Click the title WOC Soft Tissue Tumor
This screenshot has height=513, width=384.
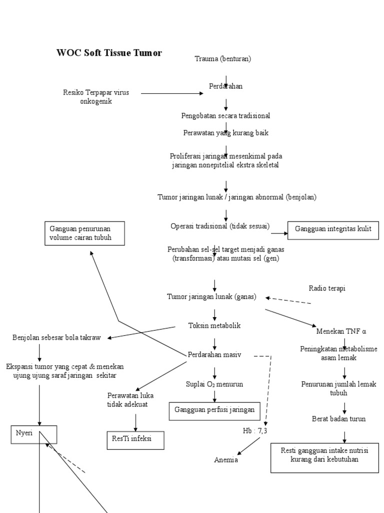pos(109,53)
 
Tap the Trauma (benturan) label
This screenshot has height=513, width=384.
pos(222,59)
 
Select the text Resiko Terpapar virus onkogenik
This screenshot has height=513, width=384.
pos(96,97)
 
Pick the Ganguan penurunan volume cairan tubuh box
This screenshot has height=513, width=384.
pos(84,233)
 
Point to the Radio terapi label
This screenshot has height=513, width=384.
pos(327,288)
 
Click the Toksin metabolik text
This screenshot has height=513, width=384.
pos(214,325)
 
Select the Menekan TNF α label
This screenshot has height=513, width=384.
pos(341,331)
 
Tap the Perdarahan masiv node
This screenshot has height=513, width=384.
pos(214,355)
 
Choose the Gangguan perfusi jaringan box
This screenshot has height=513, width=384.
pos(214,410)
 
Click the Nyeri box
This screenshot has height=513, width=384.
pos(24,434)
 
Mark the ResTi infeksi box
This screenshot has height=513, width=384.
pos(135,439)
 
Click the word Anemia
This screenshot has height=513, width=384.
pos(226,460)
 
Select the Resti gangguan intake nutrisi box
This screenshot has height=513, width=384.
pos(324,455)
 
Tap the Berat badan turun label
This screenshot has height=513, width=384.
pos(338,419)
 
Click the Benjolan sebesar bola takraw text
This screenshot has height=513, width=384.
pos(56,338)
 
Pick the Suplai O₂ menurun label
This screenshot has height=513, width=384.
pos(214,384)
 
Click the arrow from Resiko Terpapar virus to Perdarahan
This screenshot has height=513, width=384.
pos(172,93)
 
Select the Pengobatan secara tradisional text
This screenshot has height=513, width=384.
pos(225,116)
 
